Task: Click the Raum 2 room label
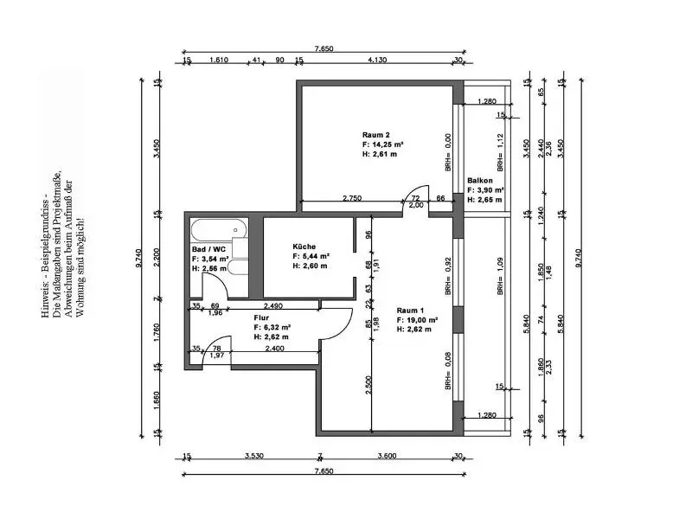point(375,135)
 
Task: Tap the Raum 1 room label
point(411,310)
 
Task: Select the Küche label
point(304,246)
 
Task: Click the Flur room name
point(261,317)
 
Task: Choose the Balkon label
point(480,180)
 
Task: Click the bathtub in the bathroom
point(218,231)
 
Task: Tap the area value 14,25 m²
point(384,144)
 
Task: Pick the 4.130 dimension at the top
point(376,61)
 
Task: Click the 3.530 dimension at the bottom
point(253,456)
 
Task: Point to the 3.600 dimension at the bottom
point(386,456)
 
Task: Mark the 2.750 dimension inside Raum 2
point(352,198)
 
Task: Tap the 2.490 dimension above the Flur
point(272,305)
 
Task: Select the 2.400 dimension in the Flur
point(275,348)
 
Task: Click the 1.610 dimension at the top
point(219,61)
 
